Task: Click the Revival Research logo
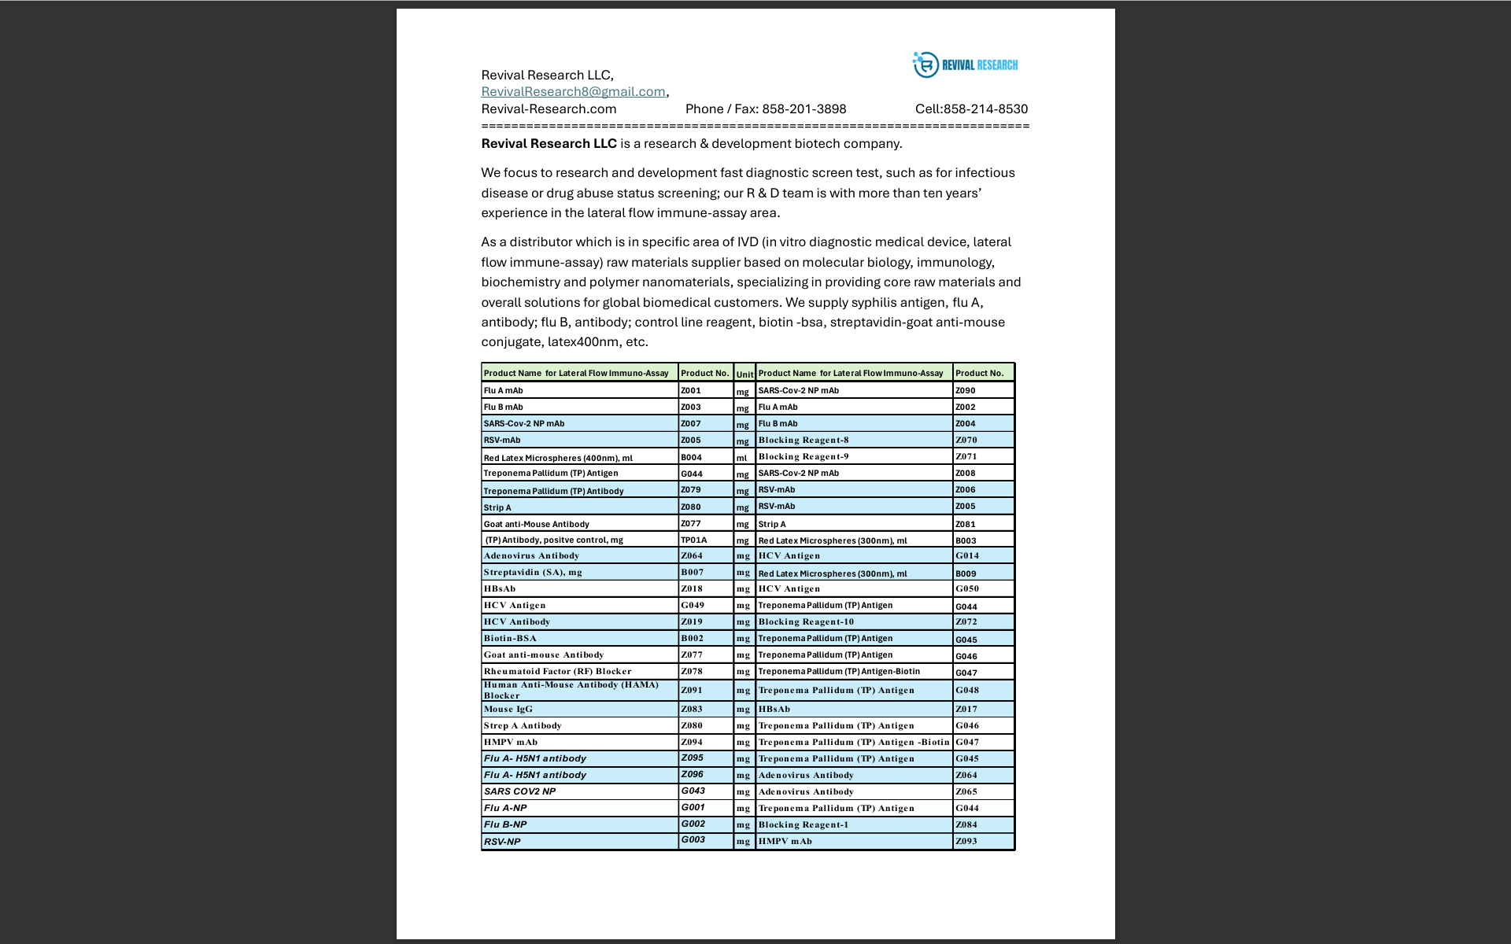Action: tap(965, 65)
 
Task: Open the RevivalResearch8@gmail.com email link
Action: tap(573, 92)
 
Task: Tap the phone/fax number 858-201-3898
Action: tap(804, 109)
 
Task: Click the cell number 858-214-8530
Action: tap(985, 109)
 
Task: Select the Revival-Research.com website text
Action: tap(549, 109)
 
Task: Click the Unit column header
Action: tap(744, 374)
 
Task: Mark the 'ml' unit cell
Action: tap(742, 458)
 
